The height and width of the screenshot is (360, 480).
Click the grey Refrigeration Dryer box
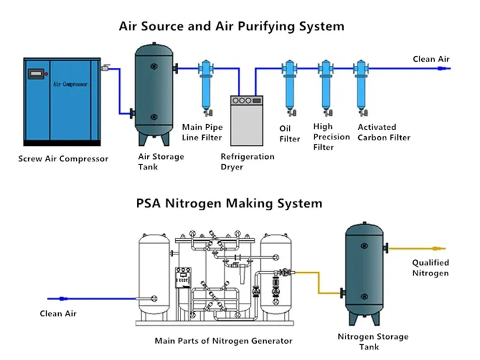(x=247, y=120)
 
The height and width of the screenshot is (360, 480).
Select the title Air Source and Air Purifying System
(x=232, y=26)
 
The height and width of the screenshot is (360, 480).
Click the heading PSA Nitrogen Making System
(x=229, y=203)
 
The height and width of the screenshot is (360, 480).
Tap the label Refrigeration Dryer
(x=247, y=161)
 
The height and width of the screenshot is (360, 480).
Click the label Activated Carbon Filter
(x=384, y=132)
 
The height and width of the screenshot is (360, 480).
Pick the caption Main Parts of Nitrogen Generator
(x=223, y=341)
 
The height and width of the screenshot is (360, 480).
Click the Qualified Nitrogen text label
(x=430, y=268)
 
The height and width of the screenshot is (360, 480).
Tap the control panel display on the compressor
(x=36, y=74)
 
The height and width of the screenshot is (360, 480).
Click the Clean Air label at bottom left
(x=58, y=313)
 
